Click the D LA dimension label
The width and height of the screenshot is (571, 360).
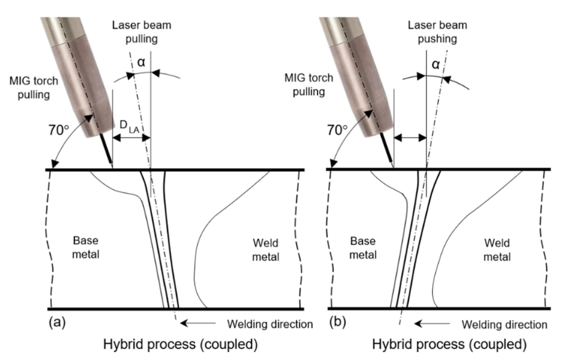(x=130, y=127)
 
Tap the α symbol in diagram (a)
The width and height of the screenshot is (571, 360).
(x=141, y=62)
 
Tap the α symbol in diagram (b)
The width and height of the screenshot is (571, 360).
(x=436, y=64)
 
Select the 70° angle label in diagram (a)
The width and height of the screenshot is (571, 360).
(x=59, y=130)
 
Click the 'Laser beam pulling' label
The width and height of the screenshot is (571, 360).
(x=142, y=32)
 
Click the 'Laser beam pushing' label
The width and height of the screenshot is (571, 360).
(x=437, y=32)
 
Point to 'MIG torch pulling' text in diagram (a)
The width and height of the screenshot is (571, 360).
(x=33, y=87)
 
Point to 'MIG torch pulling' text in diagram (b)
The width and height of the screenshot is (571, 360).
(x=309, y=85)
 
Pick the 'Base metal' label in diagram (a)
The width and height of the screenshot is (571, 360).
(x=86, y=247)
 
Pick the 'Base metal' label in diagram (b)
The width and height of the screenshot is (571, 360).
(x=363, y=247)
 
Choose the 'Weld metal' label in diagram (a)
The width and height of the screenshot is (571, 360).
(x=266, y=250)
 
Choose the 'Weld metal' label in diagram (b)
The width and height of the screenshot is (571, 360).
(x=497, y=250)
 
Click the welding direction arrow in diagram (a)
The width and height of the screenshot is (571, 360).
(x=198, y=323)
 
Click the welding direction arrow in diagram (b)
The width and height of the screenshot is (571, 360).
(x=432, y=323)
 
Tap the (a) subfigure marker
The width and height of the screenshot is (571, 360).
(x=57, y=322)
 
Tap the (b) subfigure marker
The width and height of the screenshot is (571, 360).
(x=337, y=322)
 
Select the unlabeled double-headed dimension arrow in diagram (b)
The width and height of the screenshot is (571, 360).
(x=410, y=137)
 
